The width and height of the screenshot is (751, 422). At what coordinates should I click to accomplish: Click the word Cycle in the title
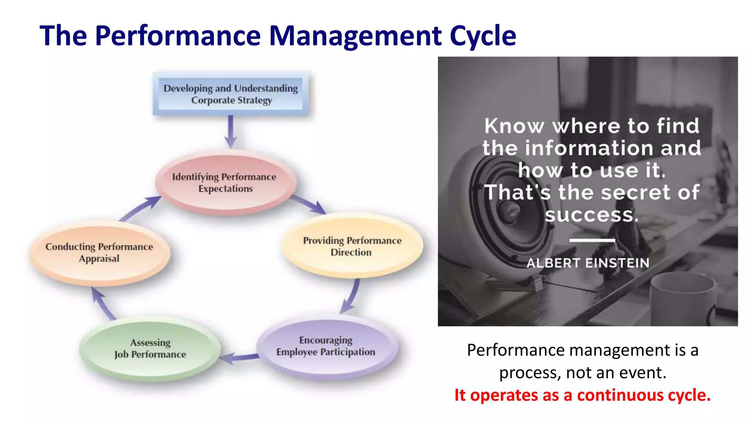pos(483,36)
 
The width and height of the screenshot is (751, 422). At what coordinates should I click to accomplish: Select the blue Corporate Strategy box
pos(231,94)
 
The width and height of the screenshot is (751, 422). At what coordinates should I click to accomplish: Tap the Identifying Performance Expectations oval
pos(225,182)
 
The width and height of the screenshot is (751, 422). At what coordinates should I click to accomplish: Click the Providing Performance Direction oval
pos(352,246)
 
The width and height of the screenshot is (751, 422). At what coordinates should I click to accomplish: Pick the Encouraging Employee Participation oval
pos(326,346)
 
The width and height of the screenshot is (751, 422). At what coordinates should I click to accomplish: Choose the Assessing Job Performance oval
pos(150,348)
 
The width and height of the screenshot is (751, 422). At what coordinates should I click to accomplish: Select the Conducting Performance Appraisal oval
pos(99,252)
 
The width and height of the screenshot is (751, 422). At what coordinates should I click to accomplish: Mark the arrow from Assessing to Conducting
pos(102,303)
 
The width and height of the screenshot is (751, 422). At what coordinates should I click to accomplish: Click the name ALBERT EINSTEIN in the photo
pos(588,263)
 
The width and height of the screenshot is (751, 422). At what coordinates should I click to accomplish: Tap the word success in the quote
pos(591,215)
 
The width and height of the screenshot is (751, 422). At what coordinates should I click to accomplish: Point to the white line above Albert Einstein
pos(592,240)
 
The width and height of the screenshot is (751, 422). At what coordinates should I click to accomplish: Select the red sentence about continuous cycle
pos(582,395)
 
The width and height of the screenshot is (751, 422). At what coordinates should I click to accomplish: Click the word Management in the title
pos(355,36)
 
